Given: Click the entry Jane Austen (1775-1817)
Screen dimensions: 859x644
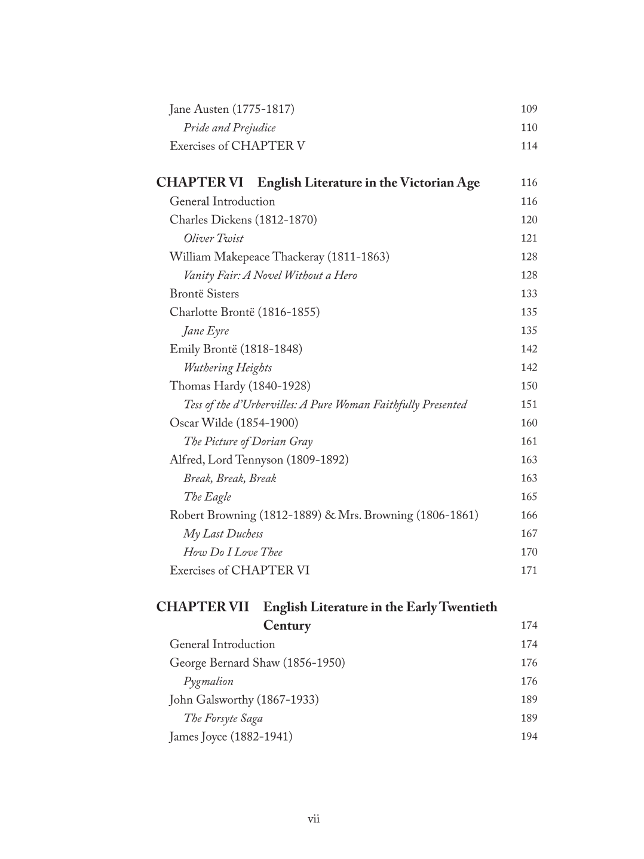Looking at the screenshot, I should click(232, 109).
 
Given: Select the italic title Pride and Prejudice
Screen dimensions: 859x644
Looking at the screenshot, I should click(229, 128).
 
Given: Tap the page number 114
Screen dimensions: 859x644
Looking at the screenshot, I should click(529, 146).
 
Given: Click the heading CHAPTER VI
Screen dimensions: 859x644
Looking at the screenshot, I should click(200, 183).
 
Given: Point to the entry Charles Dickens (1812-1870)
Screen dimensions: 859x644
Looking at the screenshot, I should click(243, 220).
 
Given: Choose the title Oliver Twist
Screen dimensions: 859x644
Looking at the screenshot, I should click(213, 238).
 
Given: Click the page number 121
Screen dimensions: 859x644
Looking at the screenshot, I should click(529, 238).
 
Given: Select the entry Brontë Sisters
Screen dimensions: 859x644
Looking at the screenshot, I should click(204, 294).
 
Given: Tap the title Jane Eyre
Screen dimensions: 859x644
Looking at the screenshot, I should click(206, 331).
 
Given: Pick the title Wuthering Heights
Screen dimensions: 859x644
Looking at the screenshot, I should click(228, 368).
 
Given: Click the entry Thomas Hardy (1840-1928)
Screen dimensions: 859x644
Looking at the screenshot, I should click(240, 386).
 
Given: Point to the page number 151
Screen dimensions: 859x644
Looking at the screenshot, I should click(529, 404).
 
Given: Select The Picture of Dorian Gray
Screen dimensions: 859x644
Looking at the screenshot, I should click(248, 441).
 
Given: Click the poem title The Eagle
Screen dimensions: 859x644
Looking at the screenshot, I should click(207, 497).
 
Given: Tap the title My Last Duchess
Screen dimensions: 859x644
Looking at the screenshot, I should click(223, 534).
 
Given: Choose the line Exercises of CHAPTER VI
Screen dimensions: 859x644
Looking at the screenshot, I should click(240, 570).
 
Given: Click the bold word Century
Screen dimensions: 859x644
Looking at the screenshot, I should click(287, 626).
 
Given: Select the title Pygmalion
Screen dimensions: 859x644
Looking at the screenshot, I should click(208, 682).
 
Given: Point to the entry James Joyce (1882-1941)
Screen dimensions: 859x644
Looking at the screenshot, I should click(231, 737).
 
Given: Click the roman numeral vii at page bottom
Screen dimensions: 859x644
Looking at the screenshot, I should click(314, 819).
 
